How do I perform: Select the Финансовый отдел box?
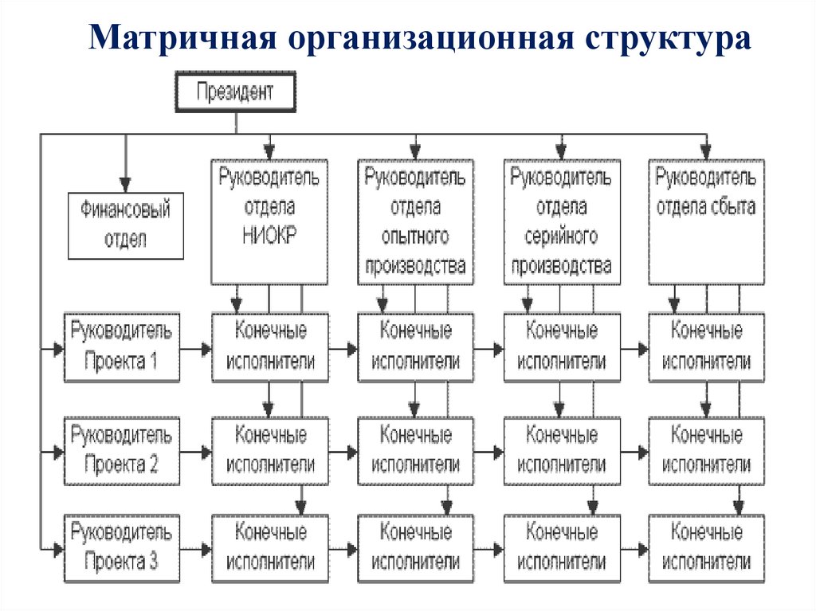click(x=126, y=225)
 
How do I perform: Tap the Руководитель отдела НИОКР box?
click(x=269, y=221)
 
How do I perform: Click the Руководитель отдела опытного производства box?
click(x=415, y=221)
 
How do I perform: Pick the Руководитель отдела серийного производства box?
click(x=561, y=221)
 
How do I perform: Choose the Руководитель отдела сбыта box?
click(x=706, y=221)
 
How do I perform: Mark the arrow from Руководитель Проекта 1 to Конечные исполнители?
click(x=196, y=348)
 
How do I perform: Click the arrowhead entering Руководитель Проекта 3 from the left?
click(x=57, y=549)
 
